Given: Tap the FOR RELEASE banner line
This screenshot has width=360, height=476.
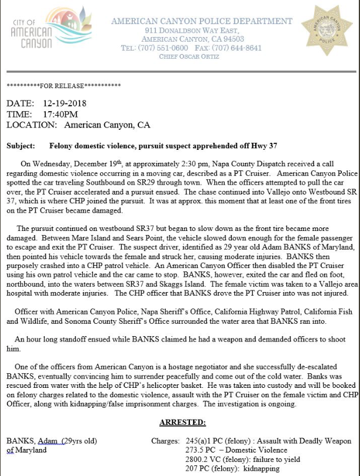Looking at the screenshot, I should pos(64,86).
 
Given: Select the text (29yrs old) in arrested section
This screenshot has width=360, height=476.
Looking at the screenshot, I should pos(79,441).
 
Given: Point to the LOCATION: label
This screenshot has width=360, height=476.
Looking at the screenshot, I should pos(32,125).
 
